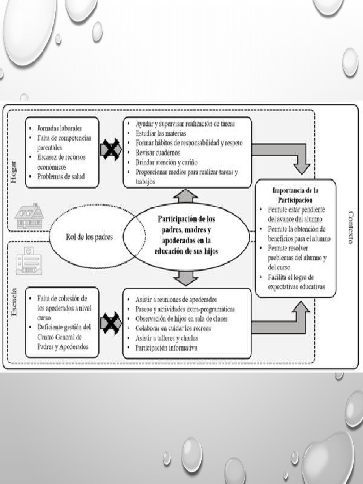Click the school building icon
click(28, 261)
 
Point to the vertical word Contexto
click(350, 227)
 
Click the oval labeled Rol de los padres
click(89, 237)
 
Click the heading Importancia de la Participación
click(295, 194)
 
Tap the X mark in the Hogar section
click(111, 150)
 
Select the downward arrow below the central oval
click(185, 278)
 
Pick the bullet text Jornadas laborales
click(60, 128)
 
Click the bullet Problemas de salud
click(61, 176)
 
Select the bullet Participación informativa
click(166, 348)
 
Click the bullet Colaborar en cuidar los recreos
click(173, 328)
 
